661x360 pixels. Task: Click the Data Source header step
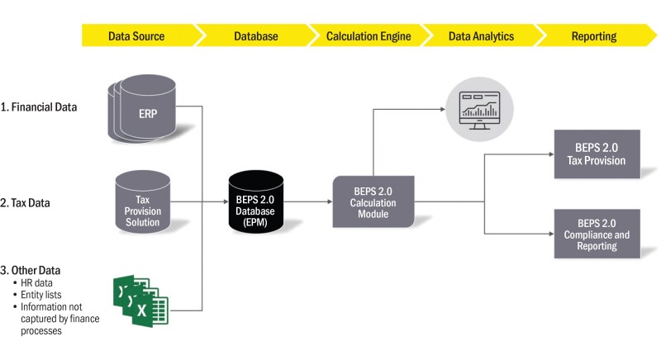click(136, 36)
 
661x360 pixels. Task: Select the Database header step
click(254, 36)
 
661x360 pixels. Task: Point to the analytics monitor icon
click(478, 107)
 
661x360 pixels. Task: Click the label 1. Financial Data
click(39, 107)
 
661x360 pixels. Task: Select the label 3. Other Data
click(31, 271)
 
